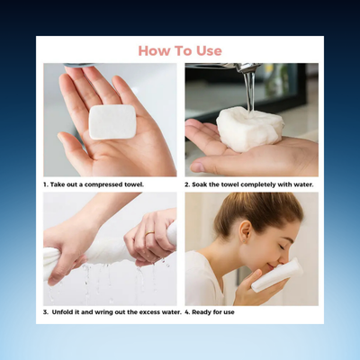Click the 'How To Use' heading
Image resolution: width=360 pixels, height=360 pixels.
(180, 50)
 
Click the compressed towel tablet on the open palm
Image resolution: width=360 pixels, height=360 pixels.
(112, 121)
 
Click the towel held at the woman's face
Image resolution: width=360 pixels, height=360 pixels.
(275, 275)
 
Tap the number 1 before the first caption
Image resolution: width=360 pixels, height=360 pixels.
(46, 184)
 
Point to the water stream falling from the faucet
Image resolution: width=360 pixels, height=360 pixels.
(248, 90)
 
